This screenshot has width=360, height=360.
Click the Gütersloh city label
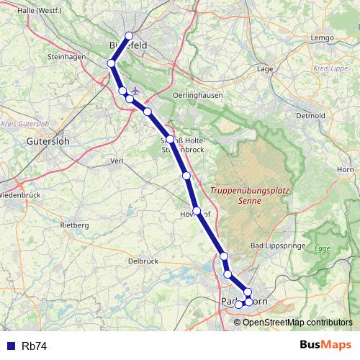[x=47, y=142]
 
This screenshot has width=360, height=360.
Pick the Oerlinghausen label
[x=198, y=95]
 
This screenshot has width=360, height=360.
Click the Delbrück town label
[x=142, y=261]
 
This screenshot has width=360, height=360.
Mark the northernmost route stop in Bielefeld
[x=130, y=36]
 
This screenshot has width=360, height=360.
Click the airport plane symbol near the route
[x=135, y=91]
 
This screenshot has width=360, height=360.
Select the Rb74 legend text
[x=35, y=346]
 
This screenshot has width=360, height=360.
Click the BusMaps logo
[x=325, y=345]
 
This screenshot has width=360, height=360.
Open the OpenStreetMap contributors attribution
[x=297, y=322]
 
